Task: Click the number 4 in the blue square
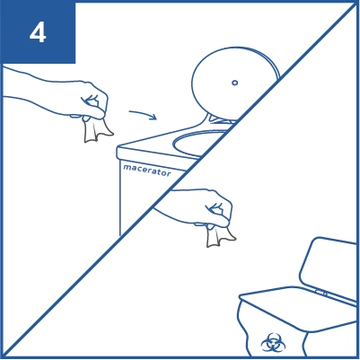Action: pyautogui.click(x=38, y=33)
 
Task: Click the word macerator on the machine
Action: pyautogui.click(x=147, y=170)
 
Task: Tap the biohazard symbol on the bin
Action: pyautogui.click(x=273, y=343)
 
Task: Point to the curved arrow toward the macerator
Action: pyautogui.click(x=143, y=114)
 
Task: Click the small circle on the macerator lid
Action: pyautogui.click(x=235, y=83)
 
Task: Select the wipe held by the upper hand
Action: pyautogui.click(x=96, y=129)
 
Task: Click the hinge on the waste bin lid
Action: pyautogui.click(x=321, y=293)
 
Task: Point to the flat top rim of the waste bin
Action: pyautogui.click(x=296, y=308)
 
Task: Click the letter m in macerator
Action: pyautogui.click(x=127, y=167)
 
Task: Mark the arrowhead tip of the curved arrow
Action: pyautogui.click(x=157, y=119)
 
